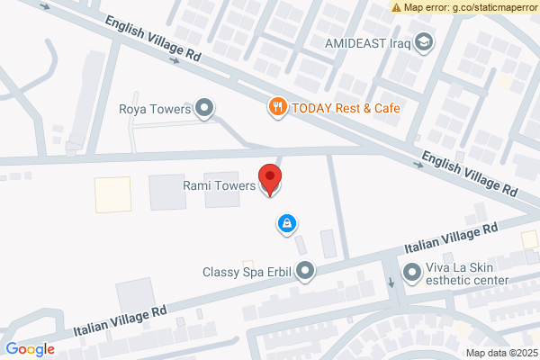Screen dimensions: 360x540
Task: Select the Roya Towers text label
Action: tap(156, 110)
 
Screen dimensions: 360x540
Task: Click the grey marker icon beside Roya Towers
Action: tap(206, 110)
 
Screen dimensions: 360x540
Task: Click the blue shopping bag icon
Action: tap(286, 222)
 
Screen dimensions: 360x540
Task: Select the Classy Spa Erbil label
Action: tap(247, 271)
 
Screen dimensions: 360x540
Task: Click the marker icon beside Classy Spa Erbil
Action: tap(307, 270)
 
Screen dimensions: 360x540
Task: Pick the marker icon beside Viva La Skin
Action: tap(411, 271)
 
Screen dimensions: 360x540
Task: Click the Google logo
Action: tap(30, 349)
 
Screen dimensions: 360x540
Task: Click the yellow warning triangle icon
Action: tap(396, 7)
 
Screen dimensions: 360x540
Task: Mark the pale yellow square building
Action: tap(112, 193)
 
